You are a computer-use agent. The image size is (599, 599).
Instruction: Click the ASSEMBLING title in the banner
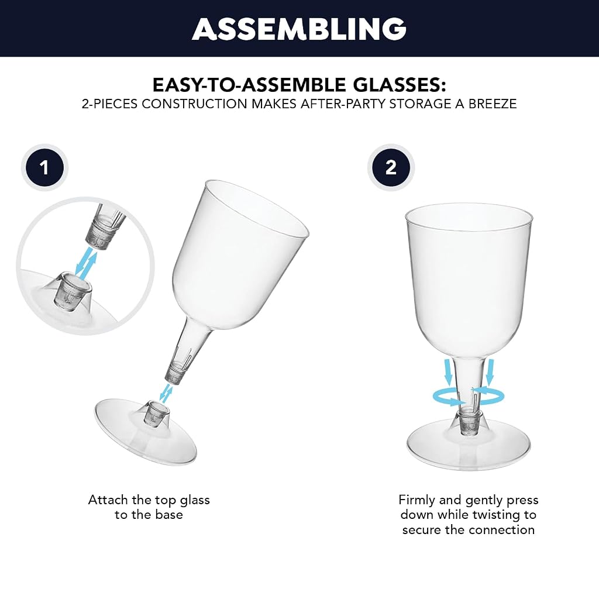[x=299, y=29]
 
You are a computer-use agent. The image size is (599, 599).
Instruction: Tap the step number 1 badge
[x=44, y=168]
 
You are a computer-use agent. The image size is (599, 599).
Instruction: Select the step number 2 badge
[x=391, y=168]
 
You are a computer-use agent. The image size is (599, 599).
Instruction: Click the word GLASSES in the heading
[x=399, y=85]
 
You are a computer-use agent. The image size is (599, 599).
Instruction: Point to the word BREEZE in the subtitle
[x=493, y=104]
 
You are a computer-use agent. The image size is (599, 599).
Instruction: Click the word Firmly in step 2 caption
[x=416, y=500]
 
